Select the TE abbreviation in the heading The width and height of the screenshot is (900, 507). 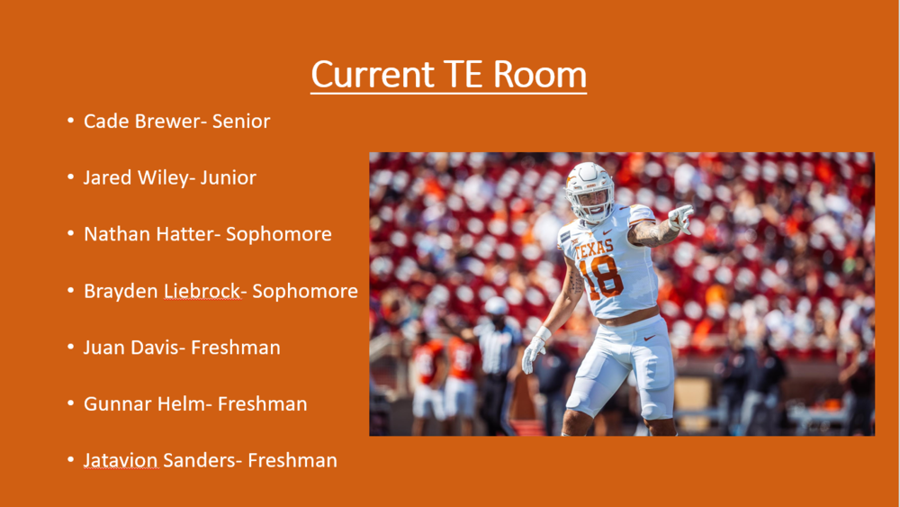tap(463, 74)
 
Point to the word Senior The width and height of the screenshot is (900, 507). tap(241, 122)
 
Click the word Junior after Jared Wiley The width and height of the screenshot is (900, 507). tap(228, 177)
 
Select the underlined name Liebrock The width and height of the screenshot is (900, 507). tap(202, 291)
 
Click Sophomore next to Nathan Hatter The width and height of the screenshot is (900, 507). tap(278, 234)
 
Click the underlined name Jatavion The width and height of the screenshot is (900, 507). tap(121, 460)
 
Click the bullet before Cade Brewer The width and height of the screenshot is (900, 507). tap(70, 121)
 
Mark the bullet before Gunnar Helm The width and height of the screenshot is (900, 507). tap(70, 403)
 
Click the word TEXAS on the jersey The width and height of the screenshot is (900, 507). tap(594, 249)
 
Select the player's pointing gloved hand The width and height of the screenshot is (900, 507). tap(681, 218)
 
